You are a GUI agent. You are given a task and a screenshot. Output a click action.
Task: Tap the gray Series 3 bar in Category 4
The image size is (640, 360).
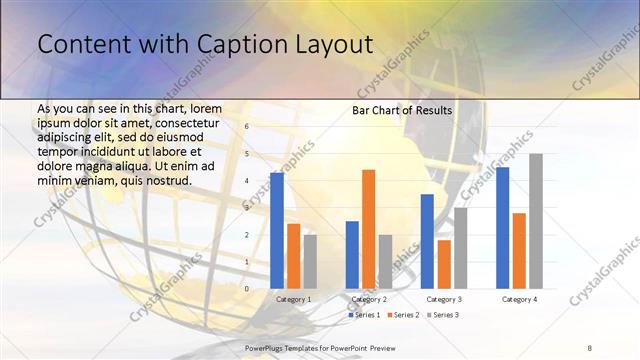pos(536,221)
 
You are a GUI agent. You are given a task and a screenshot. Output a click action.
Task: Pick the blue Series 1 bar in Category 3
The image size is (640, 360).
pos(427,241)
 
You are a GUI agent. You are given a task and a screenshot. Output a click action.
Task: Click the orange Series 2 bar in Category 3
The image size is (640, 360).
pos(444,264)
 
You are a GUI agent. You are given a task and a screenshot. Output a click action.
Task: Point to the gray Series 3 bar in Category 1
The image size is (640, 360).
pos(310,261)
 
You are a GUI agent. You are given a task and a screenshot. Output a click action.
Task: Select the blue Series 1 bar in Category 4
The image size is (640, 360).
pos(502,228)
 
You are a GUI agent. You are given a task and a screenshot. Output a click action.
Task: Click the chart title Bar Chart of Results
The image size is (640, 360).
pos(402,110)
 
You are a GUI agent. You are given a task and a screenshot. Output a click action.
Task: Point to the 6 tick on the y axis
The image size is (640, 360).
pos(246,127)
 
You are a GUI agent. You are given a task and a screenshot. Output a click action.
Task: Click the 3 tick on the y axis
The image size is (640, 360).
pos(246,208)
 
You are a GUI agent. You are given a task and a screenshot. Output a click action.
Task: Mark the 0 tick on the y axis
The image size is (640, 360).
pos(246,289)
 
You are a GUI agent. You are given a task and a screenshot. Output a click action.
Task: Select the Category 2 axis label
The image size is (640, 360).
pos(369,299)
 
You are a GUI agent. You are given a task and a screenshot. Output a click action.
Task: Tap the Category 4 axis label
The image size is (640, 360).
pos(519,299)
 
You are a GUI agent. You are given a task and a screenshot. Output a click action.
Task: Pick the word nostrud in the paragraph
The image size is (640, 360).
pos(163,180)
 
